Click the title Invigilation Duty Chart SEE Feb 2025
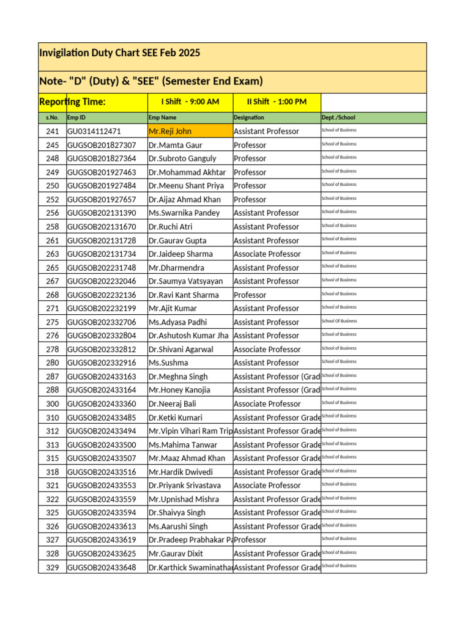[119, 53]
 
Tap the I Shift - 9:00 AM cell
[190, 101]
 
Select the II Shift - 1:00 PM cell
[276, 101]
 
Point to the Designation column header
[249, 117]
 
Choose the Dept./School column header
[338, 117]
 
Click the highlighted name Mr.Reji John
[170, 131]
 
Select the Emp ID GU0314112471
[94, 131]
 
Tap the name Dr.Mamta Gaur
[175, 145]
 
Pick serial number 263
[52, 254]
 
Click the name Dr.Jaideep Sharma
[181, 254]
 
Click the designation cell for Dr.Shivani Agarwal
[267, 350]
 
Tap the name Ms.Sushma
[168, 363]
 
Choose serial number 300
[52, 404]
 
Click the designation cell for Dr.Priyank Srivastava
[267, 485]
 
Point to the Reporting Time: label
[72, 101]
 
